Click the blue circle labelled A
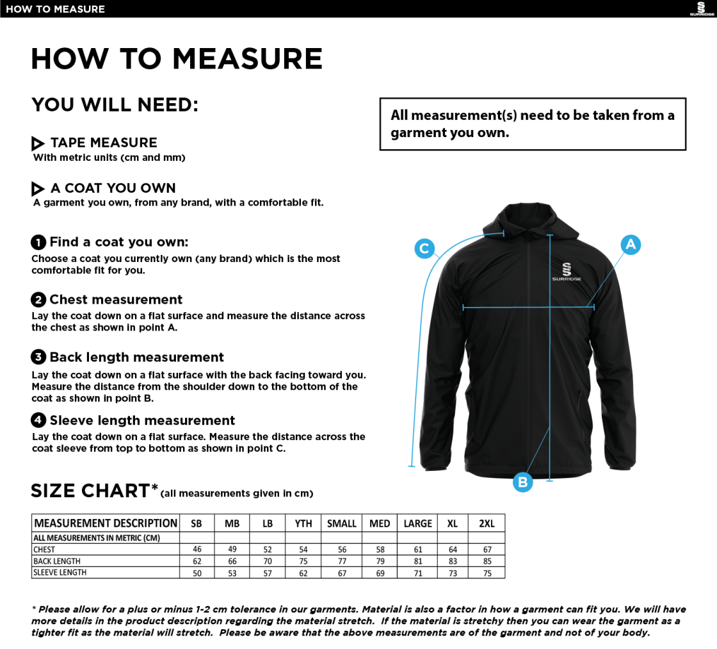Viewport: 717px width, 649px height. tap(631, 244)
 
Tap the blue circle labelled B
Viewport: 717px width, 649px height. tap(522, 482)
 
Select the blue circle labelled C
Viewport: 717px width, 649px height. tap(424, 249)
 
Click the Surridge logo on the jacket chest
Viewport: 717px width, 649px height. tap(567, 272)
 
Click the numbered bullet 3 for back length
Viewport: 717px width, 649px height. tap(38, 357)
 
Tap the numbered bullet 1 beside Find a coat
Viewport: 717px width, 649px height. tap(38, 242)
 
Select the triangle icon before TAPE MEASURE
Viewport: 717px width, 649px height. tap(38, 144)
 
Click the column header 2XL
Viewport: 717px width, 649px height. tap(487, 523)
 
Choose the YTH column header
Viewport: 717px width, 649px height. tap(303, 523)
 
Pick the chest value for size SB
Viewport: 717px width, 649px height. tap(197, 550)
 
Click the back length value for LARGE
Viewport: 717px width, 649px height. tap(417, 561)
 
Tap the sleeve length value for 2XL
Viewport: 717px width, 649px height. tap(487, 573)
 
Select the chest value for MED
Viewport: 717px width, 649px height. tap(380, 550)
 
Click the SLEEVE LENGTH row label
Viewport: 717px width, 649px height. tap(60, 573)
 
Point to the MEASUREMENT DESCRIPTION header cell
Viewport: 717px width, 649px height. tap(106, 523)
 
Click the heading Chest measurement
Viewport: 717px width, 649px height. tap(116, 300)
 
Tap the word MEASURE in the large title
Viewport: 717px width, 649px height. tap(247, 59)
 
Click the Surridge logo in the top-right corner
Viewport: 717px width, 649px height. tap(702, 9)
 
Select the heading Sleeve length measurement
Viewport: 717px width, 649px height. tap(142, 421)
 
